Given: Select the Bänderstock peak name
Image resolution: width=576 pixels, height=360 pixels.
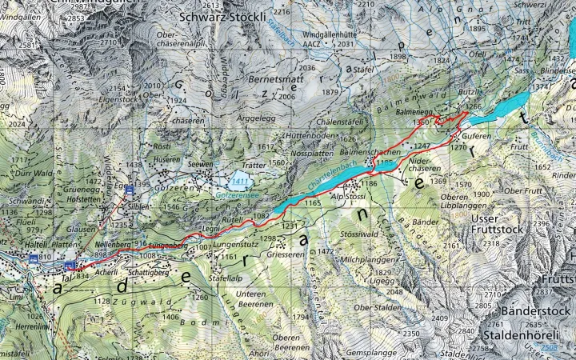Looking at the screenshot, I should (534, 310).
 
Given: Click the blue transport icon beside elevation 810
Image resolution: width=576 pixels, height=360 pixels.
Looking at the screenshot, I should (34, 259).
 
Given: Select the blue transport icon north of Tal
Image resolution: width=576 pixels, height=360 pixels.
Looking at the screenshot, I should (70, 264).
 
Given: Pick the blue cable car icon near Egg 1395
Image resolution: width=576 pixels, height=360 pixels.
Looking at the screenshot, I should (129, 189).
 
